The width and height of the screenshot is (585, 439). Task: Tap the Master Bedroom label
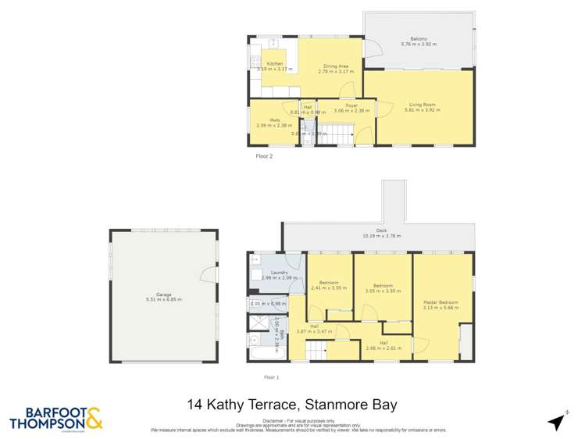point(441,302)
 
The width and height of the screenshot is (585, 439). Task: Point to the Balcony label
point(419,39)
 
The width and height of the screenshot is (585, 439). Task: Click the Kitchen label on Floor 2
point(275,63)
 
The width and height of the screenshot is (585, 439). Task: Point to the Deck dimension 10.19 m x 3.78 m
point(380,235)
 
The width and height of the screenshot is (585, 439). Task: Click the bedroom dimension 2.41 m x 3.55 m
point(328,287)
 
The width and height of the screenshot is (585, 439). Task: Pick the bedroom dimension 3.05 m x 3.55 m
point(384,291)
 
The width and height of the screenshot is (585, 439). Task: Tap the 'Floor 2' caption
point(264,156)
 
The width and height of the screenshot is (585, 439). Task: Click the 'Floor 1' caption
point(270,377)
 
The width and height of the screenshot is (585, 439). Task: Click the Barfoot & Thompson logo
point(55,419)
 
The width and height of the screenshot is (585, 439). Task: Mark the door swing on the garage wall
point(207,273)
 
